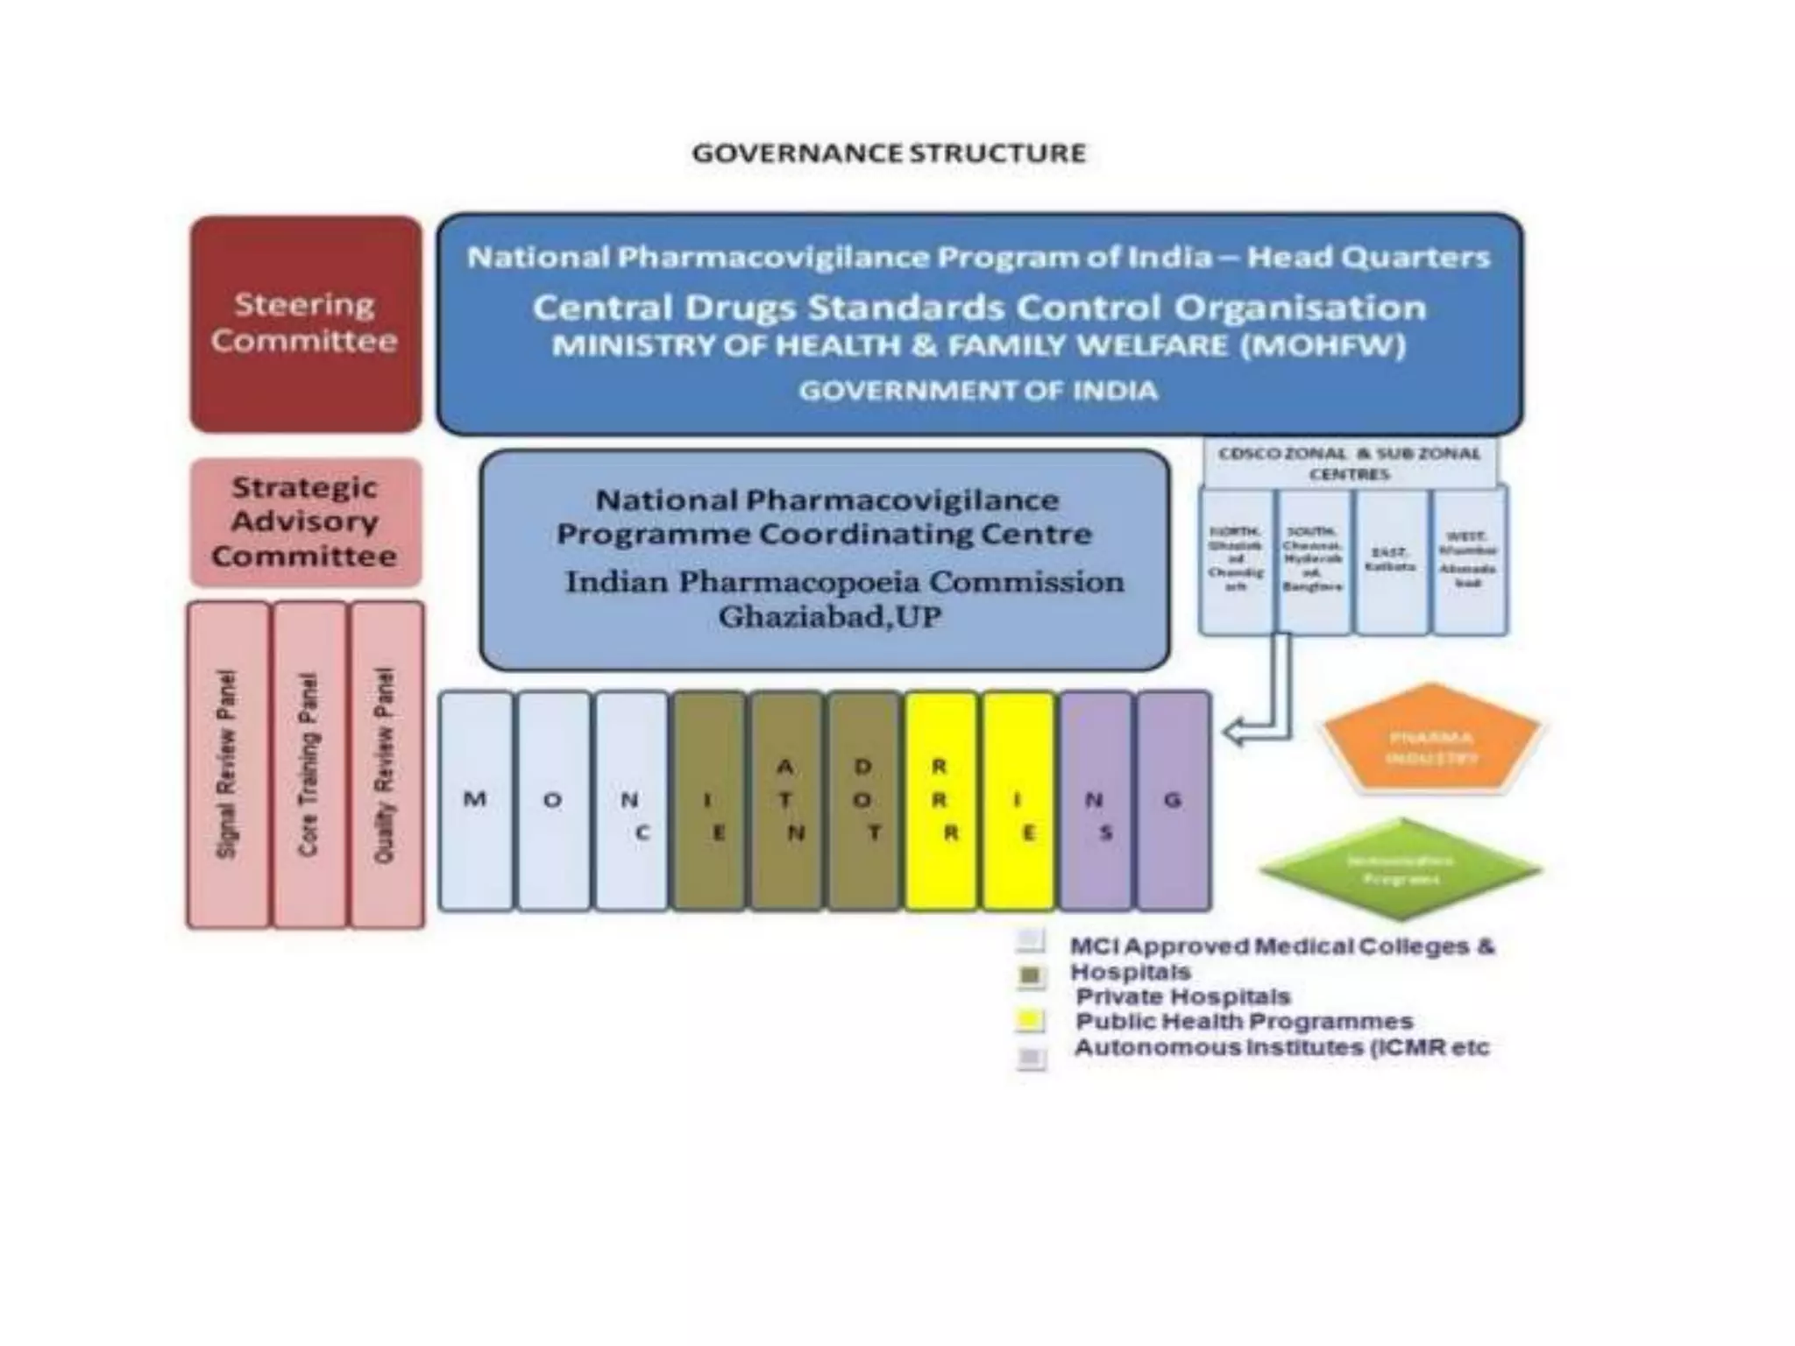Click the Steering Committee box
[x=305, y=323]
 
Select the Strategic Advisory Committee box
[x=305, y=522]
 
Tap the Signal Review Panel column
[x=227, y=764]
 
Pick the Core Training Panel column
[x=309, y=764]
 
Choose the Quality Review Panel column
[x=386, y=764]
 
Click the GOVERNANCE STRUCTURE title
[x=889, y=153]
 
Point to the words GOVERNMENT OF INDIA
[x=978, y=391]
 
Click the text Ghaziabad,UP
[x=829, y=618]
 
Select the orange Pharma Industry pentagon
[x=1431, y=740]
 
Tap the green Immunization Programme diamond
[x=1400, y=868]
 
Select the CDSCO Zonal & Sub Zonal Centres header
[x=1349, y=464]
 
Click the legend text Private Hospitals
[x=1183, y=996]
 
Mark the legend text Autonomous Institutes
[x=1281, y=1047]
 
